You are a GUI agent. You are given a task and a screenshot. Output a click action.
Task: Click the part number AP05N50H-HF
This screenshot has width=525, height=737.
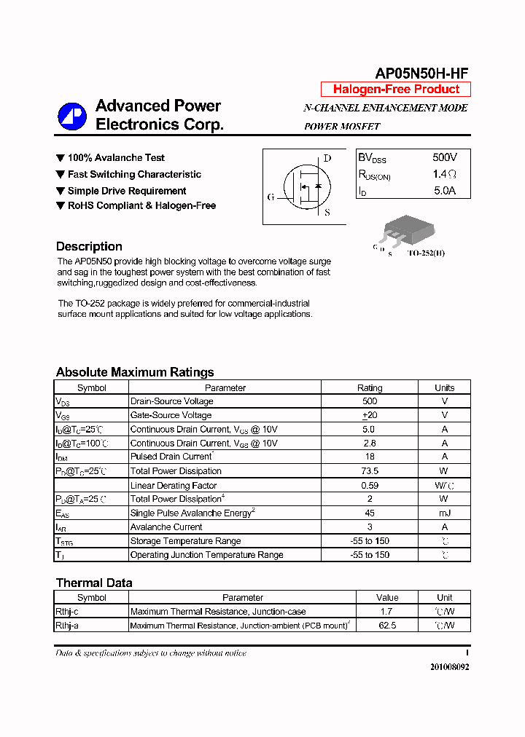[421, 73]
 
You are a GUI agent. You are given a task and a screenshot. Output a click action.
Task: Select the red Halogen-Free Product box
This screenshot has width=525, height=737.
[396, 90]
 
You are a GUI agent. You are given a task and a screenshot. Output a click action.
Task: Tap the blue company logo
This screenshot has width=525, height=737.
[71, 115]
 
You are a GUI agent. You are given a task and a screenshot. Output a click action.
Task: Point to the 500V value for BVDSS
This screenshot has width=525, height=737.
[444, 158]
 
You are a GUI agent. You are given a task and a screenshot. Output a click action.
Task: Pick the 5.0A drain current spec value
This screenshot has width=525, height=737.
[444, 191]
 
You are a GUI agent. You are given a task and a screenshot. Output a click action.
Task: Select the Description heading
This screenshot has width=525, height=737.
[89, 246]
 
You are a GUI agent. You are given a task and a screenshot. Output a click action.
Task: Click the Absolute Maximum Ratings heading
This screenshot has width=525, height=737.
[135, 372]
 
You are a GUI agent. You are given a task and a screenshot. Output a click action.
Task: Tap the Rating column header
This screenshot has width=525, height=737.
[370, 388]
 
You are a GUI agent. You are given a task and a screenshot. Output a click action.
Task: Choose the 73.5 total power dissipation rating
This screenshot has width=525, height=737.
[370, 471]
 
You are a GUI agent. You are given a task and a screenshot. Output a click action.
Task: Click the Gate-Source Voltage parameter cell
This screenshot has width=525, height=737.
[171, 415]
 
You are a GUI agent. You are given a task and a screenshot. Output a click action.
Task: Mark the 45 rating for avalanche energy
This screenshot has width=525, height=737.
[370, 513]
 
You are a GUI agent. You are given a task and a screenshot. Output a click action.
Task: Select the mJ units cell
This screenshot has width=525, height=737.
[444, 513]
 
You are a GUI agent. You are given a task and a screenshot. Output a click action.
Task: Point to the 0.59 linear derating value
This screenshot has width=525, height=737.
[370, 485]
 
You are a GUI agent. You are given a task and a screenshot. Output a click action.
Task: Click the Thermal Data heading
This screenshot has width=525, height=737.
[94, 583]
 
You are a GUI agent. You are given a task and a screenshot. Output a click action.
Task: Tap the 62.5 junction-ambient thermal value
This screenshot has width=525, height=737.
[387, 626]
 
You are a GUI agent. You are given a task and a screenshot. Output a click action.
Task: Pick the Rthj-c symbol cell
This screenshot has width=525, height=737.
[67, 612]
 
